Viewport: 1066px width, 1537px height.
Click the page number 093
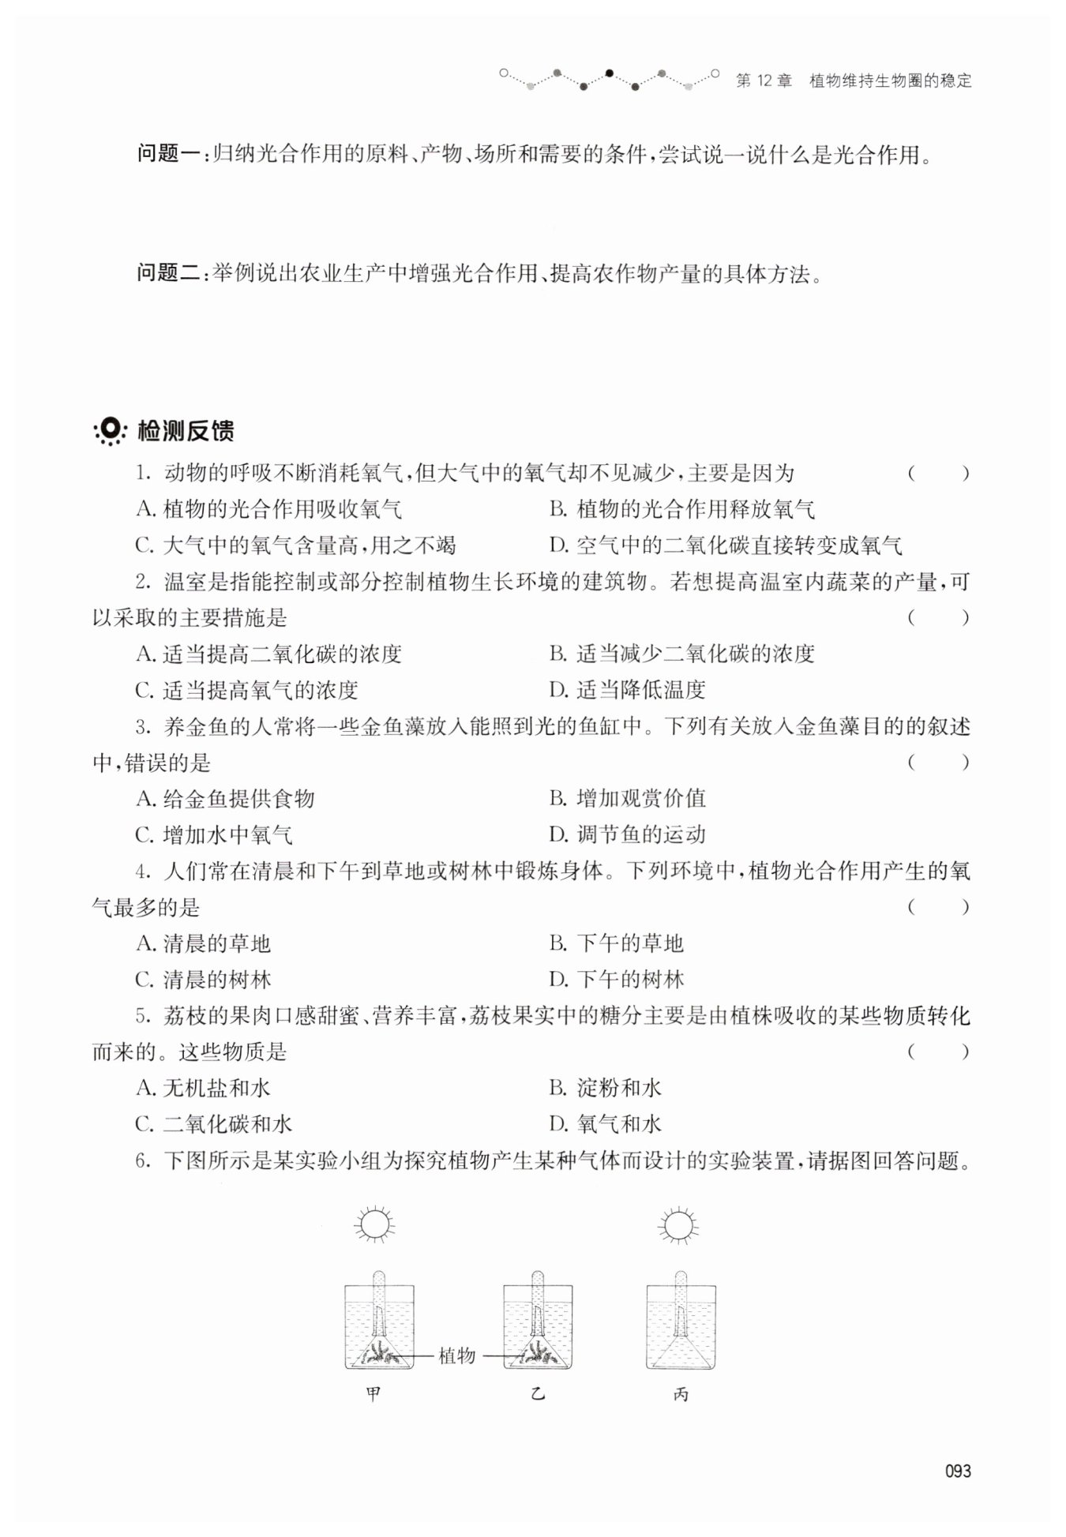[x=957, y=1471]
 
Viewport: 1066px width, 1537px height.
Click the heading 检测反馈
[x=186, y=431]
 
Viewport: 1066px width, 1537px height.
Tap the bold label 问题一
[x=169, y=154]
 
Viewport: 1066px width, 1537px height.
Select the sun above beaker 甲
[x=374, y=1226]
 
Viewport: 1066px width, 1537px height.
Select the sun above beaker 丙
[x=677, y=1226]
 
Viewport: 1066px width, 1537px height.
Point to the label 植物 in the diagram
[x=456, y=1356]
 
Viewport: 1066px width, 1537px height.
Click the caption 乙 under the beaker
[x=538, y=1395]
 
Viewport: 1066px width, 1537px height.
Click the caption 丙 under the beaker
[x=681, y=1395]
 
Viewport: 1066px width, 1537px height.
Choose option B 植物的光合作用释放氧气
[x=682, y=509]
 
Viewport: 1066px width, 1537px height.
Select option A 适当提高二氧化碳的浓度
[x=268, y=654]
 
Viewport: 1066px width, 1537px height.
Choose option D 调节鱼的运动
[x=627, y=834]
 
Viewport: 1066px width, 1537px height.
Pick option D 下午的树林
[x=617, y=980]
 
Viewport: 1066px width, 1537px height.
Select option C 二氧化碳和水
[x=214, y=1124]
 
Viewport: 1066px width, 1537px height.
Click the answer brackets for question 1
[x=937, y=474]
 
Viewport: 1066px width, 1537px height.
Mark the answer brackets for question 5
[x=937, y=1052]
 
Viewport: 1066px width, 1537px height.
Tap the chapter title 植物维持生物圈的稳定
[x=890, y=81]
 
